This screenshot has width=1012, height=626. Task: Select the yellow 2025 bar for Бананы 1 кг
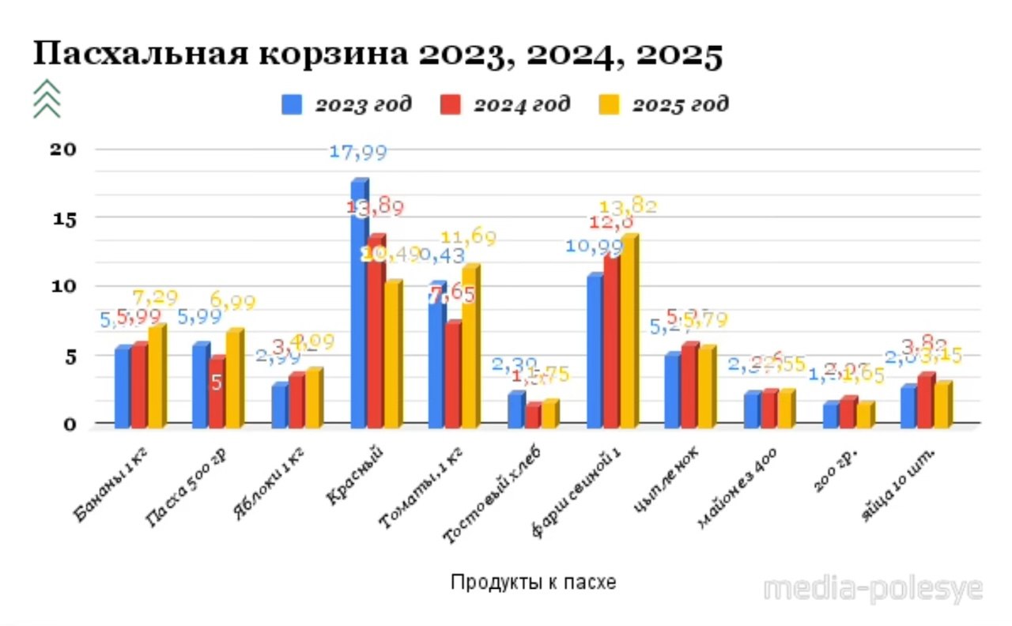[x=157, y=378]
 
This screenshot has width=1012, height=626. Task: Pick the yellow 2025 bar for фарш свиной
[x=629, y=332]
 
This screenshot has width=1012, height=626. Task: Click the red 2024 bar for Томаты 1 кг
[x=453, y=375]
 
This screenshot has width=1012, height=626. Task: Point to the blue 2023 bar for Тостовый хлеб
[x=516, y=409]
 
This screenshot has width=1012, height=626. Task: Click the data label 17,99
[x=358, y=153]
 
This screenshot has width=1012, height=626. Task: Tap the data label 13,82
[x=629, y=207]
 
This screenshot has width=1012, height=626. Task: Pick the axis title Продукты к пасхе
[x=534, y=583]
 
